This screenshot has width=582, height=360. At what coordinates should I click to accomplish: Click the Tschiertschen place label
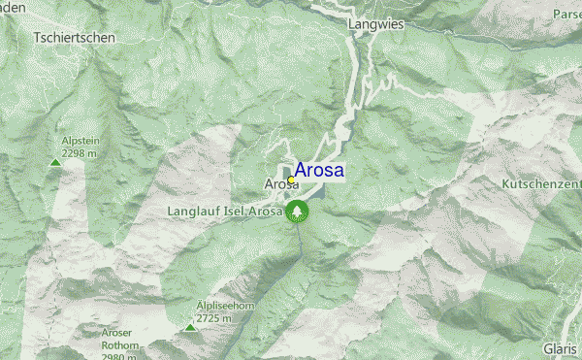coord(75,37)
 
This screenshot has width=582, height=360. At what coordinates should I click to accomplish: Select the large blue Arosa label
coord(318,171)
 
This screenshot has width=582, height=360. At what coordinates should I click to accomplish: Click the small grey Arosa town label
coord(277,183)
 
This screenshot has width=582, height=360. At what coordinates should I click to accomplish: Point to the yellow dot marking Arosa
coord(291,180)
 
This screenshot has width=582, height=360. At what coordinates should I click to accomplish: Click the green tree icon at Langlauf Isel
coord(296,212)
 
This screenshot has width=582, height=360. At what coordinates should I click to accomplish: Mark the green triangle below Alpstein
coord(55,163)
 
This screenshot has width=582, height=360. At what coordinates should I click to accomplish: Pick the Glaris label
coord(561,348)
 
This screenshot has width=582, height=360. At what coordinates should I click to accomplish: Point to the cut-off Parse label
coord(566,14)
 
